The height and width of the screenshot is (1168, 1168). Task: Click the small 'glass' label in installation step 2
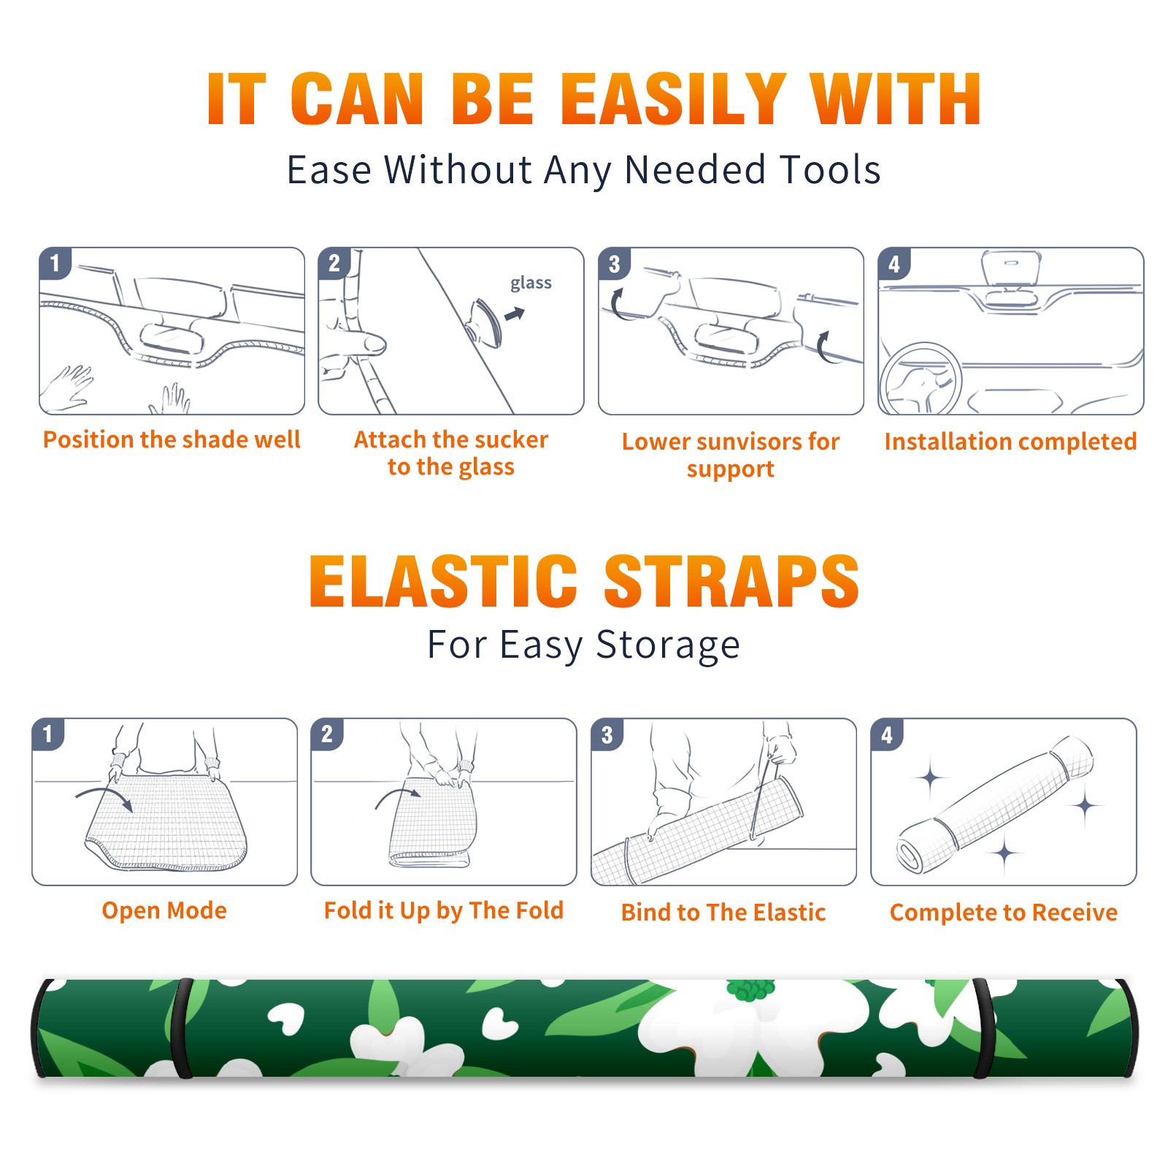click(x=531, y=283)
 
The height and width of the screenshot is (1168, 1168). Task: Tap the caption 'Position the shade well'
click(x=172, y=439)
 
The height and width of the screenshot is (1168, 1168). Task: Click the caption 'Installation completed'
click(x=1010, y=442)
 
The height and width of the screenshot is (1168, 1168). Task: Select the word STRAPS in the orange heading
click(x=731, y=581)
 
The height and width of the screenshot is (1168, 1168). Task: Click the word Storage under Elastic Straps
click(x=668, y=645)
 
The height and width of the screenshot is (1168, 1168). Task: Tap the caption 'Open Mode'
click(x=164, y=910)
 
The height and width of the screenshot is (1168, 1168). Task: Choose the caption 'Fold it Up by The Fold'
click(x=444, y=911)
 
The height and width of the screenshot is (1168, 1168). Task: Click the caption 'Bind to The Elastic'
click(x=723, y=912)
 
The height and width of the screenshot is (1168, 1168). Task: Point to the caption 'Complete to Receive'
click(x=1004, y=912)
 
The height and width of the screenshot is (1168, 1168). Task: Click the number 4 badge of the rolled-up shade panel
click(x=887, y=734)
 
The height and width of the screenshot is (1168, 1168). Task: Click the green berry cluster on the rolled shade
click(x=750, y=988)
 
